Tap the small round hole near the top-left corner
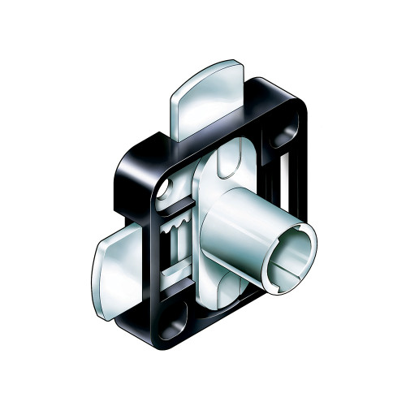tap(166, 189)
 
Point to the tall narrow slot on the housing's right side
tap(290, 191)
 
